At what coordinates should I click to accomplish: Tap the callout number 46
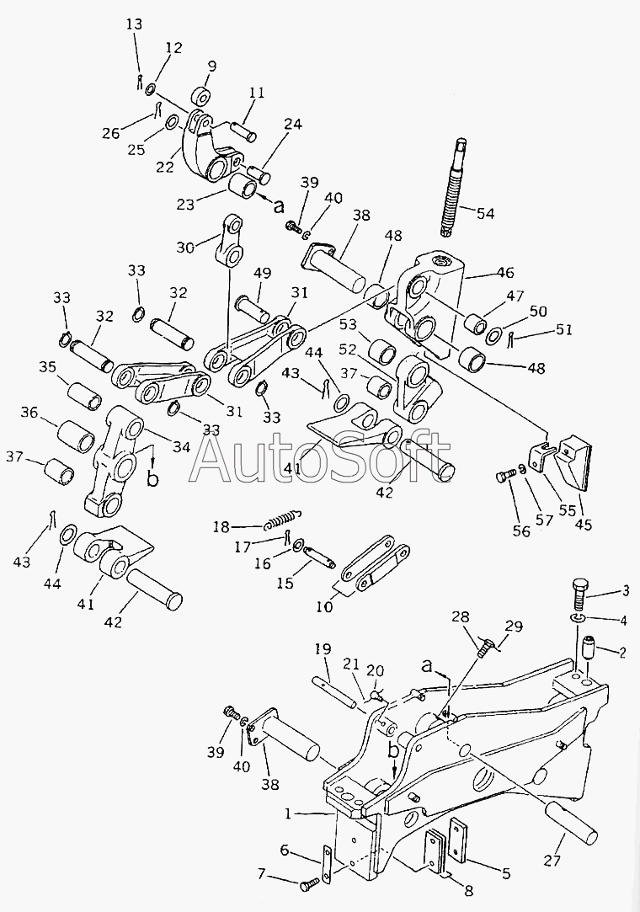[504, 272]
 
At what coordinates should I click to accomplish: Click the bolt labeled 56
[504, 477]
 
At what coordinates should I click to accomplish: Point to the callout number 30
[187, 246]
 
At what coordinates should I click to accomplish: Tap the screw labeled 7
[309, 883]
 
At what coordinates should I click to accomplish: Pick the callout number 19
[323, 649]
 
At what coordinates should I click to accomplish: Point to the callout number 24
[292, 124]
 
